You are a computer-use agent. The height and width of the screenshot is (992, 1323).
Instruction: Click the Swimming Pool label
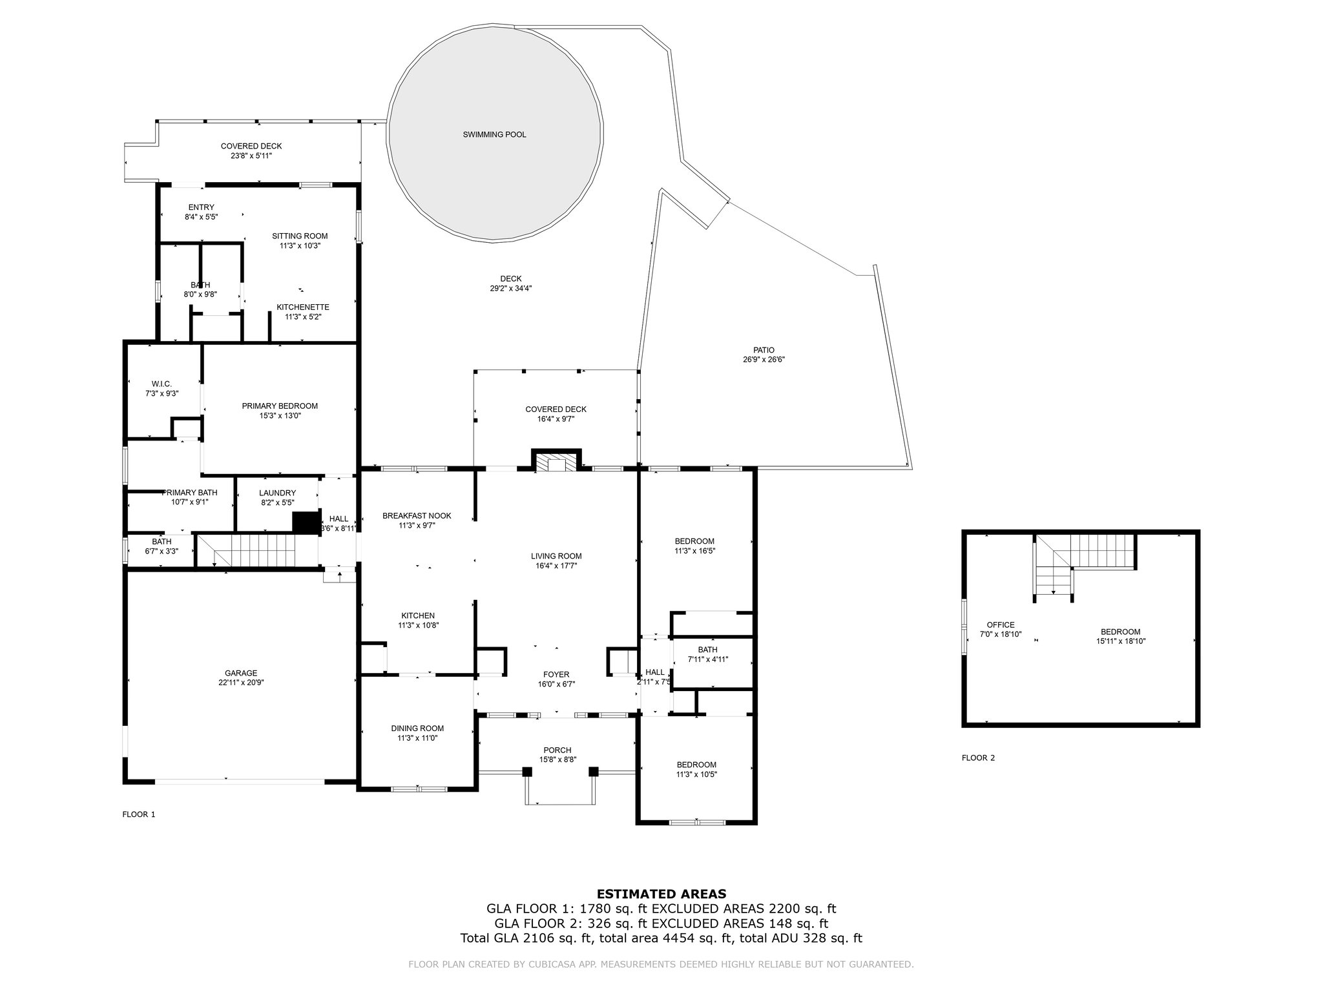(x=494, y=135)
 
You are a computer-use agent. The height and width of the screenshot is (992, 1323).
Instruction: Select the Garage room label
(x=241, y=673)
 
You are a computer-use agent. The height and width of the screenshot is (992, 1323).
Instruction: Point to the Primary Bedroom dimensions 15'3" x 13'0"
(x=280, y=416)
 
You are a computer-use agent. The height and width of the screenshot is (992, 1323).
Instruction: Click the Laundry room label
(x=277, y=493)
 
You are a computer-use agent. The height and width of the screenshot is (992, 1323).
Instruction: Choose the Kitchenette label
(x=303, y=307)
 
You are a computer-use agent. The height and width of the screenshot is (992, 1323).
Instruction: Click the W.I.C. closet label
(x=161, y=384)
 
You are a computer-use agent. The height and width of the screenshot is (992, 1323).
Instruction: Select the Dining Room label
(x=417, y=728)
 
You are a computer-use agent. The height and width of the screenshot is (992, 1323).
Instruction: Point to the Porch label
(x=557, y=750)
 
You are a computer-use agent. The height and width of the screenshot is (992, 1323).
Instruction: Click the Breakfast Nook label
(x=417, y=516)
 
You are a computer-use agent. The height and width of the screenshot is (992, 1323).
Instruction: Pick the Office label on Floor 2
(x=1001, y=625)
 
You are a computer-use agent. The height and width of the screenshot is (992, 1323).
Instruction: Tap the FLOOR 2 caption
(x=978, y=758)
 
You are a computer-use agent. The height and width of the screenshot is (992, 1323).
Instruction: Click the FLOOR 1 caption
(x=139, y=814)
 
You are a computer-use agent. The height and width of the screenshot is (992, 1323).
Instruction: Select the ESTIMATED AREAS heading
(x=661, y=894)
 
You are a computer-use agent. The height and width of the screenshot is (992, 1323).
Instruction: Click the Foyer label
(x=556, y=675)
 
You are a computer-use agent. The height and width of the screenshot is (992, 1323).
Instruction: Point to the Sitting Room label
(x=300, y=236)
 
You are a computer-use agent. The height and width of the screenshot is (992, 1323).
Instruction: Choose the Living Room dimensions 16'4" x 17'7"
(x=556, y=566)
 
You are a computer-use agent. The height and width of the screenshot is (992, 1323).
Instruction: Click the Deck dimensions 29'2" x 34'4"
(x=511, y=289)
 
